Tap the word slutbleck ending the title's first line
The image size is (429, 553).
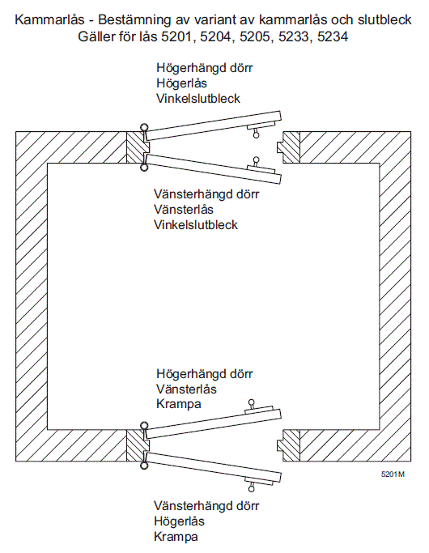click(x=384, y=19)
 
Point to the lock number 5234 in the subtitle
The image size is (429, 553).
click(x=333, y=36)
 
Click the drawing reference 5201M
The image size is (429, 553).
click(x=393, y=474)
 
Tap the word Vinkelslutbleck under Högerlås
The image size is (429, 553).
click(x=198, y=99)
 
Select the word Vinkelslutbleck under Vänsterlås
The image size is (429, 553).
click(x=196, y=224)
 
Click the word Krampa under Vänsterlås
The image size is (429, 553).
click(x=178, y=404)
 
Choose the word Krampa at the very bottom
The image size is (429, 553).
click(x=176, y=537)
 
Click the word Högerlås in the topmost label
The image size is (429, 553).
click(x=181, y=83)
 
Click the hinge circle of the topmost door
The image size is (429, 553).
click(x=144, y=127)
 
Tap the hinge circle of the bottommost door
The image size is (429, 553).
click(x=144, y=466)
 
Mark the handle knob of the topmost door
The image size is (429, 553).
click(x=257, y=134)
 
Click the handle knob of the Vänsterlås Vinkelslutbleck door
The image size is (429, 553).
click(x=257, y=160)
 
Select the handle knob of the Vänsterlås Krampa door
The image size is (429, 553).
click(x=251, y=402)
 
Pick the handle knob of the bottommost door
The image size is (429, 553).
click(x=251, y=489)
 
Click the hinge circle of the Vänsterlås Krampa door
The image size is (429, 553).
click(x=144, y=425)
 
